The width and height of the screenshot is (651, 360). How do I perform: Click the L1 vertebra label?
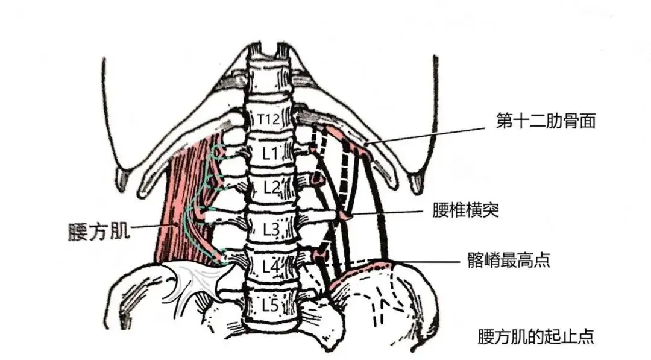click(271, 153)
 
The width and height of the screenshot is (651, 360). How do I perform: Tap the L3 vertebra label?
click(271, 229)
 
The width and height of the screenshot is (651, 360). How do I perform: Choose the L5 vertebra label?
click(271, 305)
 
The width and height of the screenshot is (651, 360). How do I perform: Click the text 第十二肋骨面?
click(546, 122)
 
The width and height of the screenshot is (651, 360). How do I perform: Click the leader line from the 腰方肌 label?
click(154, 227)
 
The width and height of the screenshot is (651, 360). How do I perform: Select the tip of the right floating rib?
click(417, 181)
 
